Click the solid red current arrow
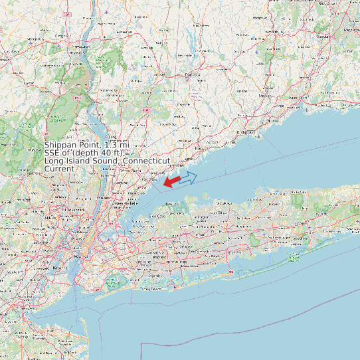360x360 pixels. pos(171,181)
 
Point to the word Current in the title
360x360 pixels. pos(59,169)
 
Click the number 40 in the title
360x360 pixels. pos(99,153)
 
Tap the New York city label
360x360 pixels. pos(78,256)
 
